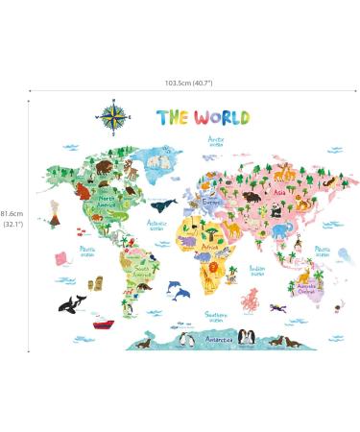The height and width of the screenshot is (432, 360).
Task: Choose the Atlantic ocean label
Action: pos(156,226)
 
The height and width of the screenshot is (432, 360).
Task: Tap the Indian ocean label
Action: pos(257,271)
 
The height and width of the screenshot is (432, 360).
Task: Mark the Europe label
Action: pos(213,203)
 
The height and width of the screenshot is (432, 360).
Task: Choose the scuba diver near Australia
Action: pos(278,307)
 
